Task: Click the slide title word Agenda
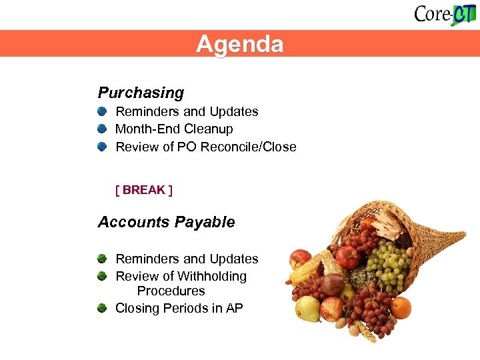click(239, 44)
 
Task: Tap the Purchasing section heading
click(141, 93)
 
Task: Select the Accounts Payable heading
click(166, 222)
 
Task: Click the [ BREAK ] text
click(144, 190)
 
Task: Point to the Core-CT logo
click(444, 14)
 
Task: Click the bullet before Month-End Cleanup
click(102, 129)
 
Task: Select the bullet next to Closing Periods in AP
click(102, 308)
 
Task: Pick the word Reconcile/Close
click(255, 147)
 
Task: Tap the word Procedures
click(171, 291)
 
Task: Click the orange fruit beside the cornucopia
click(401, 307)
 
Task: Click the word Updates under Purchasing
click(234, 111)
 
